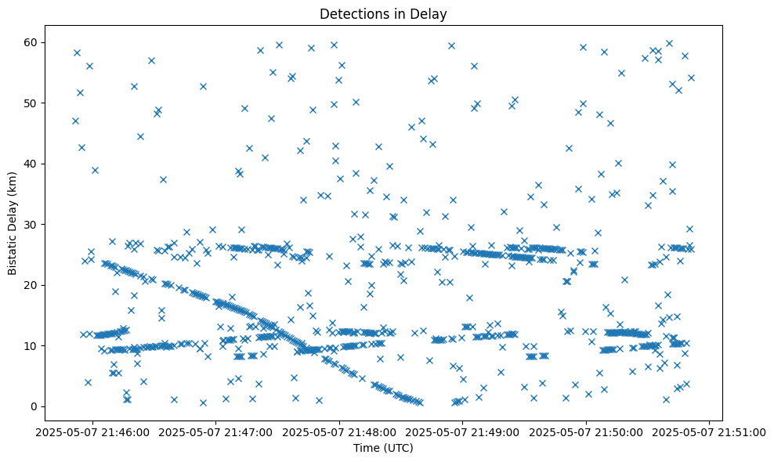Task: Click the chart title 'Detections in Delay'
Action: click(x=383, y=13)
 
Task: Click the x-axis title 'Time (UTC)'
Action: click(x=383, y=448)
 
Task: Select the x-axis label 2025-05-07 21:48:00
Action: click(x=340, y=431)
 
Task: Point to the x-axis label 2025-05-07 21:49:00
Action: click(x=463, y=431)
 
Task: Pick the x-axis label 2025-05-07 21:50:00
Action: click(x=587, y=431)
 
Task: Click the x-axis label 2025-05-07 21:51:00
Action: click(x=710, y=431)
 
